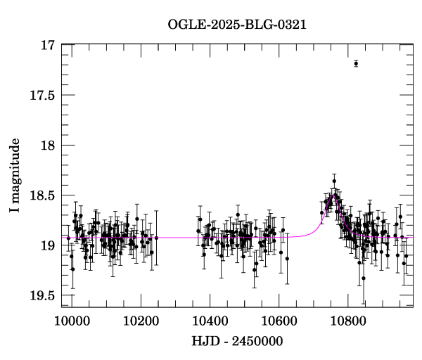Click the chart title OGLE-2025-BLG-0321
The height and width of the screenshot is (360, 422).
(237, 24)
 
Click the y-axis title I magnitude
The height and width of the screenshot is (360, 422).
(14, 176)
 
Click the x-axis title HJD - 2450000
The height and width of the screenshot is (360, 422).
(237, 341)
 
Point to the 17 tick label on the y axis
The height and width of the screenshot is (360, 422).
(48, 45)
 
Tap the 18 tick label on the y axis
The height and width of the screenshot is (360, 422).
(48, 146)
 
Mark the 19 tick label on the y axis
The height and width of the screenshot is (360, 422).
(48, 245)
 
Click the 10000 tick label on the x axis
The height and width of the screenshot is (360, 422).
(71, 321)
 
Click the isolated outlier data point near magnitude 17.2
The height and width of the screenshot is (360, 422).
(356, 63)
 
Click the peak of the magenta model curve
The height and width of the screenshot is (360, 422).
(333, 196)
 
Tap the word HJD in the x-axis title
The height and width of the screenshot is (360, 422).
(204, 341)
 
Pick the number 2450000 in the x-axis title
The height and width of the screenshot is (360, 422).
(256, 341)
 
